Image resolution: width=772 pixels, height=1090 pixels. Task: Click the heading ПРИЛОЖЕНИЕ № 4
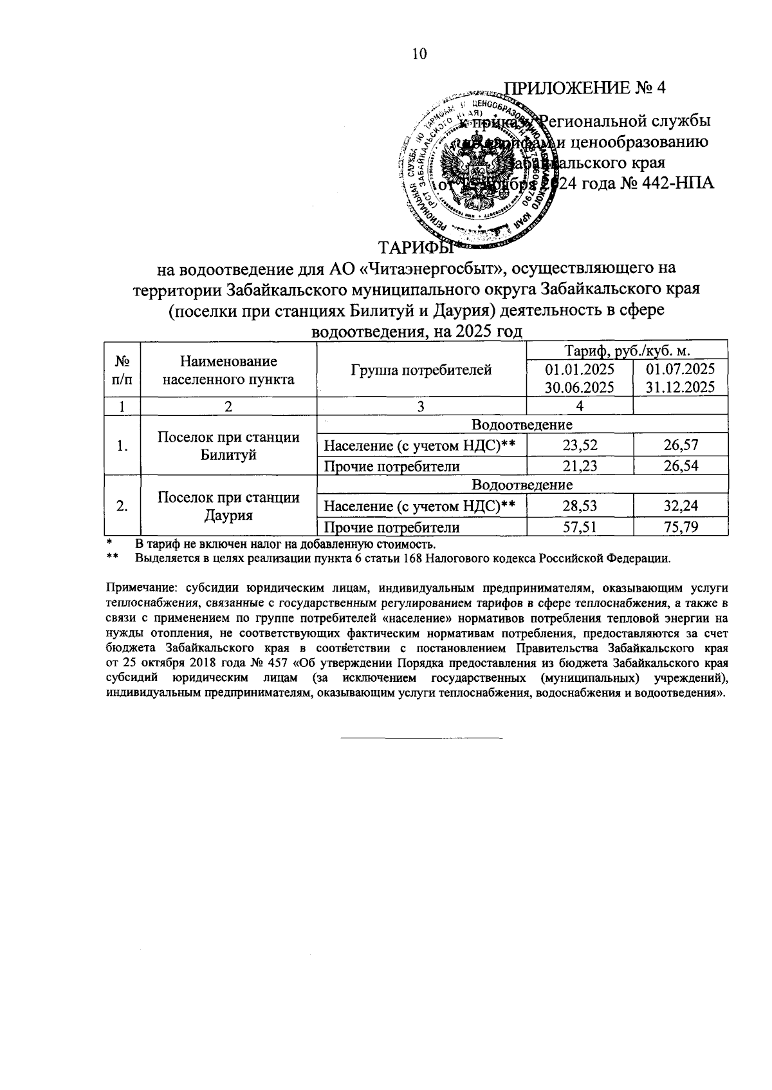click(584, 88)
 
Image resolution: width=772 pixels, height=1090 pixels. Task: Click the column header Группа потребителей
click(421, 370)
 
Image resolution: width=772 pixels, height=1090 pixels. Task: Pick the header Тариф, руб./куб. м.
click(627, 351)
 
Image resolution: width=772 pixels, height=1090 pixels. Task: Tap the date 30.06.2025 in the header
click(579, 387)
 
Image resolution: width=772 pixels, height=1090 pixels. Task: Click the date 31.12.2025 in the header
click(681, 387)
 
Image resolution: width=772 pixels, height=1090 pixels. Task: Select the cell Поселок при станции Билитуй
click(228, 446)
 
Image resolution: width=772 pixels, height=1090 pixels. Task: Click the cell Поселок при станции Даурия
click(228, 507)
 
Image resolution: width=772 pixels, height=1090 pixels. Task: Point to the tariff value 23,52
click(579, 445)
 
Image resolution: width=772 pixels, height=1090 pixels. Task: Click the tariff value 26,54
click(681, 466)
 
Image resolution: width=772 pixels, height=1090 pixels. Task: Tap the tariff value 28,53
click(579, 506)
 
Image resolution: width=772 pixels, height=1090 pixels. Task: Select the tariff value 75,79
click(681, 528)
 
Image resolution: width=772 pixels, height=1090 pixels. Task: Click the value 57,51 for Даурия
click(579, 528)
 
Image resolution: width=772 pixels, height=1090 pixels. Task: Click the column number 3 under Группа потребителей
click(421, 406)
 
